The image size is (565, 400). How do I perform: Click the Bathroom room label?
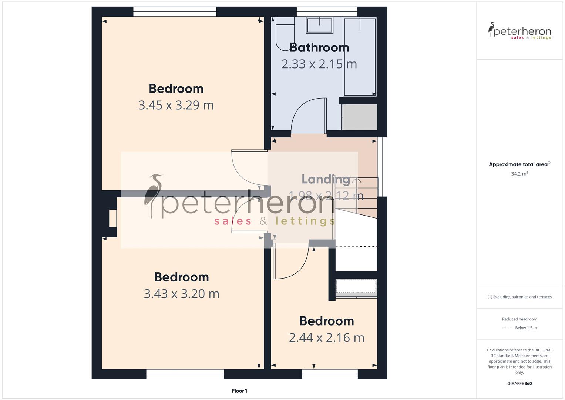tap(319, 47)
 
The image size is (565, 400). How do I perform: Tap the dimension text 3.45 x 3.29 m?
tap(176, 105)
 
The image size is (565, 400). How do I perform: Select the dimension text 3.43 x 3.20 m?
tap(181, 294)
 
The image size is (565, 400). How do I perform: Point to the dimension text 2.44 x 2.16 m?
tap(326, 338)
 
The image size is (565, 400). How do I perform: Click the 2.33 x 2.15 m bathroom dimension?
tap(319, 64)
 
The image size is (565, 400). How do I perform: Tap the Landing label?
tap(326, 179)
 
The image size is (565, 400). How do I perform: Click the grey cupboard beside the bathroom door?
tap(360, 117)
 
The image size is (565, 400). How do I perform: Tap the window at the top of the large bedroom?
tap(175, 12)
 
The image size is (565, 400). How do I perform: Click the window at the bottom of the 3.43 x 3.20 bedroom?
tap(185, 374)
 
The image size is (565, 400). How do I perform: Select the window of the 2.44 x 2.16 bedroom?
tap(330, 374)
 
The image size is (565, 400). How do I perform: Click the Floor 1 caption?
tap(239, 391)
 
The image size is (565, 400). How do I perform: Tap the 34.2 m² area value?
tap(519, 174)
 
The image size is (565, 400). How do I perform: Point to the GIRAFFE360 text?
tap(519, 384)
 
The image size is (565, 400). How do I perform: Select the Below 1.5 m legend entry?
tap(525, 328)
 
